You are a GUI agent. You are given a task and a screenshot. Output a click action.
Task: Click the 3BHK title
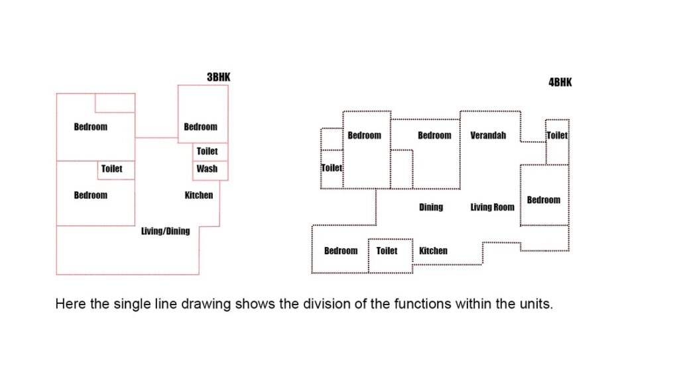pos(219,77)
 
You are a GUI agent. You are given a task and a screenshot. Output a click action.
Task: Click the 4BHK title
pos(560,83)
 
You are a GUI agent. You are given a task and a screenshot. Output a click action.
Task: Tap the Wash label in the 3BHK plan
pos(207,169)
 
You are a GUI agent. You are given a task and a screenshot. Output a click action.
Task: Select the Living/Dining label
pos(165,231)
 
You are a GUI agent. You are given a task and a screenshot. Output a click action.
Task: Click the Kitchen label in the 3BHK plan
pos(199,195)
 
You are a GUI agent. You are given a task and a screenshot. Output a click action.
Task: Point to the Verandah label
pos(488,135)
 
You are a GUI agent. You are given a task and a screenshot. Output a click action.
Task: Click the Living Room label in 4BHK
pos(493,207)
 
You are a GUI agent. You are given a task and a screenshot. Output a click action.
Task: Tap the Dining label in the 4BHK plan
pos(431,207)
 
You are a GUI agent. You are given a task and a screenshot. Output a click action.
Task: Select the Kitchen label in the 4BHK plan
pos(433,251)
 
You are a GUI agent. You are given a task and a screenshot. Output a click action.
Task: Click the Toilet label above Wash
pos(207,151)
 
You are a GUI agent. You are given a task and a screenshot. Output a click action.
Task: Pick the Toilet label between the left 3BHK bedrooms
pos(111,169)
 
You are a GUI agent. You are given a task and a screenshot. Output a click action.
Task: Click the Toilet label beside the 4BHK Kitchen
pos(387,251)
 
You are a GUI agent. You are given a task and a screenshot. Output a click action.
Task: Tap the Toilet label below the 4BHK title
pos(557,135)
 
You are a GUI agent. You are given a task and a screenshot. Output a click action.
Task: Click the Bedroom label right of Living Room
pos(544,200)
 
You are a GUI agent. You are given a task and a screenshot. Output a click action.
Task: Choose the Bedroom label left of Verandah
pos(434,135)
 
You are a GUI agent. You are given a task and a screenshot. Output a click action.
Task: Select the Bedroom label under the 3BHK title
pos(200,127)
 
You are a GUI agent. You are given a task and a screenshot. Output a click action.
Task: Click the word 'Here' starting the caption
pos(70,304)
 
